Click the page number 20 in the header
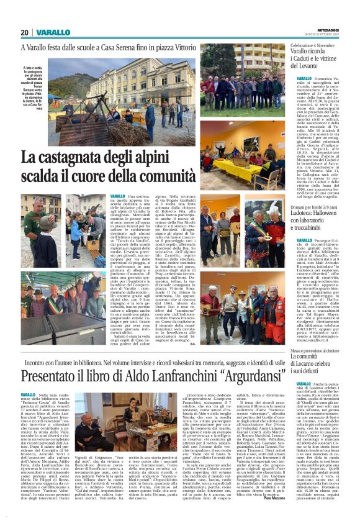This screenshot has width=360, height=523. tap(25, 32)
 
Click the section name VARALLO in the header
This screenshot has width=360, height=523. tap(53, 32)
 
